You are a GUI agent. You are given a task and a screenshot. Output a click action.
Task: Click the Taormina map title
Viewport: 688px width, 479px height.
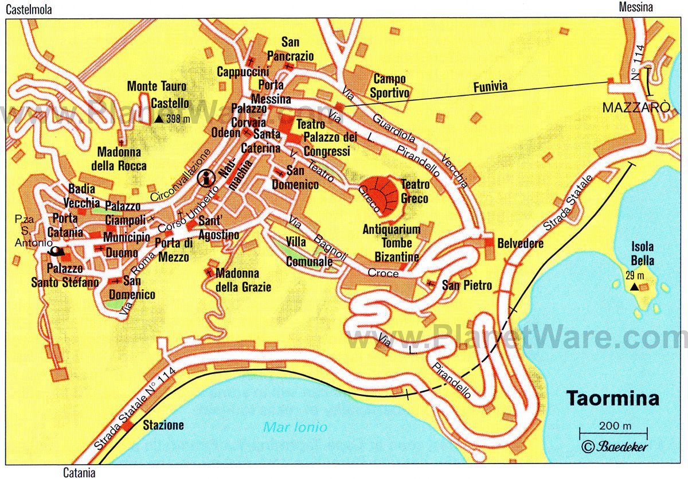613,398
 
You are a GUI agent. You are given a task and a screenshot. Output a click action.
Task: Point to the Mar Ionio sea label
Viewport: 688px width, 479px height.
295,427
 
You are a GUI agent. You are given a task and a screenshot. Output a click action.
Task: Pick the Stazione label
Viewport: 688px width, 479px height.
163,425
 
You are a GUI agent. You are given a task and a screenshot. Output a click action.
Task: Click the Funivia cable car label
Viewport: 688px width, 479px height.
490,88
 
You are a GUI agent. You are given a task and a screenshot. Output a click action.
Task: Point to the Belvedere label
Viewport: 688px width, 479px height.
520,244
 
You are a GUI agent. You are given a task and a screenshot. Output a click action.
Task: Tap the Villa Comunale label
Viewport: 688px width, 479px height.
310,252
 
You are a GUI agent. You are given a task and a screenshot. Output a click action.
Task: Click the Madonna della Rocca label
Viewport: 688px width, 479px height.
122,159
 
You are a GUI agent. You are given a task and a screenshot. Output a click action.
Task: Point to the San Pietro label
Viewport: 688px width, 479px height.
467,285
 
